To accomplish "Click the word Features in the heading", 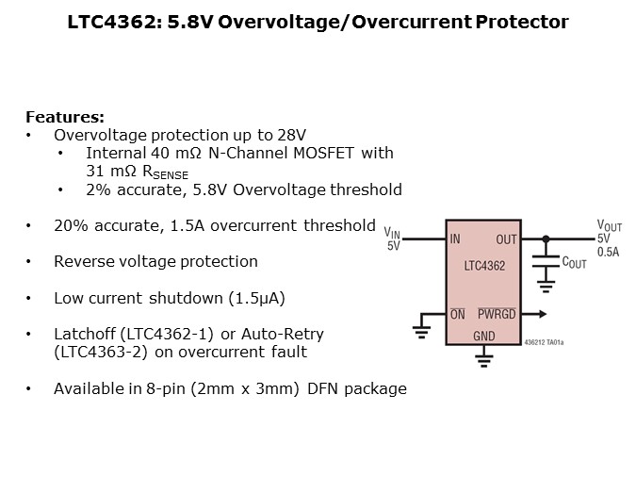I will pyautogui.click(x=63, y=118).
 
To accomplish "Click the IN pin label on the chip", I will pyautogui.click(x=455, y=239).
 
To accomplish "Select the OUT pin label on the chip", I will pyautogui.click(x=506, y=239).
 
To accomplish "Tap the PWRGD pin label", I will pyautogui.click(x=497, y=314).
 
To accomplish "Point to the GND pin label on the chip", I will pyautogui.click(x=483, y=336).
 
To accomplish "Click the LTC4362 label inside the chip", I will pyautogui.click(x=484, y=267).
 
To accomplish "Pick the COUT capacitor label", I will pyautogui.click(x=574, y=263).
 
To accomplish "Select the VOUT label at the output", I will pyautogui.click(x=610, y=225).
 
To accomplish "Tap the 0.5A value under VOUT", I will pyautogui.click(x=608, y=252).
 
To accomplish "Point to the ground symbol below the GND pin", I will pyautogui.click(x=483, y=358).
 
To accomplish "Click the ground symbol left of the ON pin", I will pyautogui.click(x=421, y=329).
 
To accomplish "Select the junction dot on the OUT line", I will pyautogui.click(x=545, y=239).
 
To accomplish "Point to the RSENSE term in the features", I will pyautogui.click(x=160, y=173).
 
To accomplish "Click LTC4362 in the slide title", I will pyautogui.click(x=104, y=22).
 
